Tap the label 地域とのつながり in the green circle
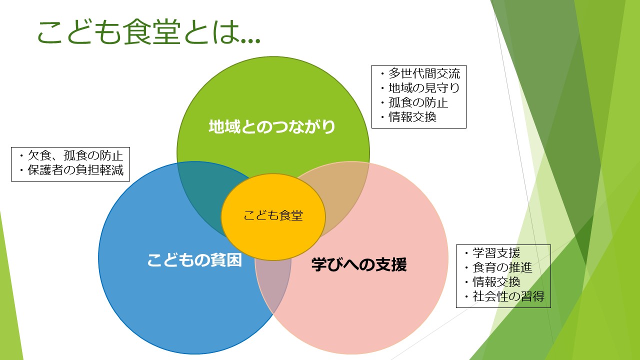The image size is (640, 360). coord(272,127)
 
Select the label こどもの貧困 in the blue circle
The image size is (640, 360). coord(194,260)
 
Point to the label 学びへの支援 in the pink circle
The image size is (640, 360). coord(359,264)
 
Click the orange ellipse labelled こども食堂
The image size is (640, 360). coord(273,217)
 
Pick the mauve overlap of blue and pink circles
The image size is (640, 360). coord(273,285)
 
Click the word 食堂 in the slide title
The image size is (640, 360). coord(152,31)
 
